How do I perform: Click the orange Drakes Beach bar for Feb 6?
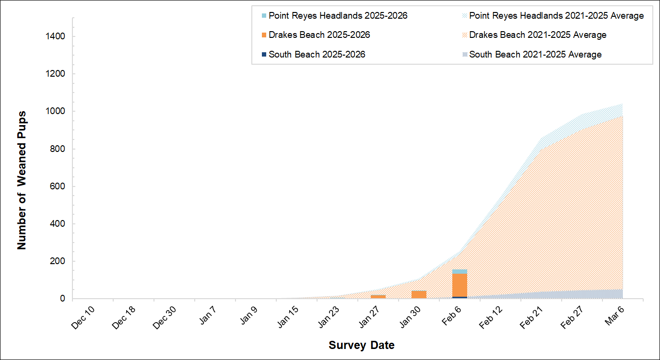(x=460, y=285)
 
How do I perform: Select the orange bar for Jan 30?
(x=419, y=294)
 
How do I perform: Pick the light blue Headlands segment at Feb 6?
(x=460, y=272)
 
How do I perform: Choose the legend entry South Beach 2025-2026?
(x=317, y=55)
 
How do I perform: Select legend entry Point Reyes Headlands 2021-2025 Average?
(x=556, y=16)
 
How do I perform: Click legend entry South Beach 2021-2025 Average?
(x=535, y=55)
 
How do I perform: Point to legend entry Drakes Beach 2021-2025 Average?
(x=537, y=35)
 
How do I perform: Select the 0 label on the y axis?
(x=63, y=299)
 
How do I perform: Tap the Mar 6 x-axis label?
(x=615, y=315)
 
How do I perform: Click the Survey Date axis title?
(x=361, y=345)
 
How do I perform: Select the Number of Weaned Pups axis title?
(x=22, y=180)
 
